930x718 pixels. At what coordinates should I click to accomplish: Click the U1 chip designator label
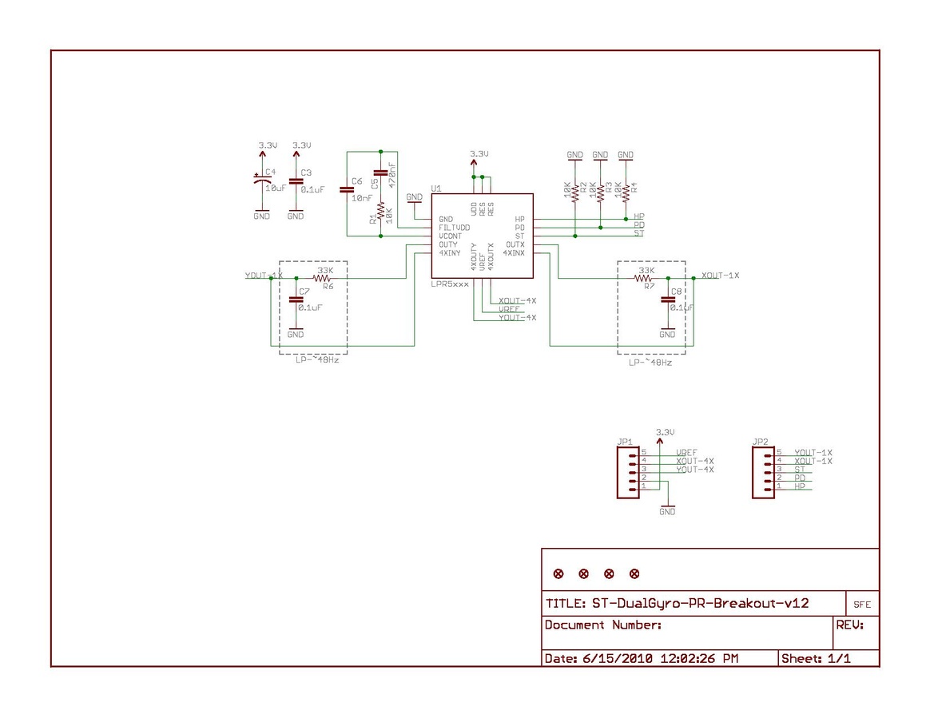pos(436,188)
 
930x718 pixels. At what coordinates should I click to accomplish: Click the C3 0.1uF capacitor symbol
pos(296,181)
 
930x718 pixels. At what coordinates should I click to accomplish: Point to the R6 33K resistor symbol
pos(324,279)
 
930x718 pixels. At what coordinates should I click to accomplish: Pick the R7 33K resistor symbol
pos(644,279)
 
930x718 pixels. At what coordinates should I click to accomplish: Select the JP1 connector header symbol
pos(628,473)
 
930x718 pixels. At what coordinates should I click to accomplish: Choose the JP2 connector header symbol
pos(764,473)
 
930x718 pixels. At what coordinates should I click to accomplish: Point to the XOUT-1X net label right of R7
pos(720,276)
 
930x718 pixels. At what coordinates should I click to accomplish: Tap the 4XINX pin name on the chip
pos(514,253)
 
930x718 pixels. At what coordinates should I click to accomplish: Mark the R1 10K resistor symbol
pos(380,215)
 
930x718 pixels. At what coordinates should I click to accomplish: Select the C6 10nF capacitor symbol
pos(347,190)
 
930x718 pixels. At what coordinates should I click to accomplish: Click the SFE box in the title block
pos(862,605)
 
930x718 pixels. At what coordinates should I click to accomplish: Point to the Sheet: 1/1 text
pos(816,659)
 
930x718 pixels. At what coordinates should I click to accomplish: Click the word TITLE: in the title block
pos(565,604)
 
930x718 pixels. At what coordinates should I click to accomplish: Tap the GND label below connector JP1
pos(667,511)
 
